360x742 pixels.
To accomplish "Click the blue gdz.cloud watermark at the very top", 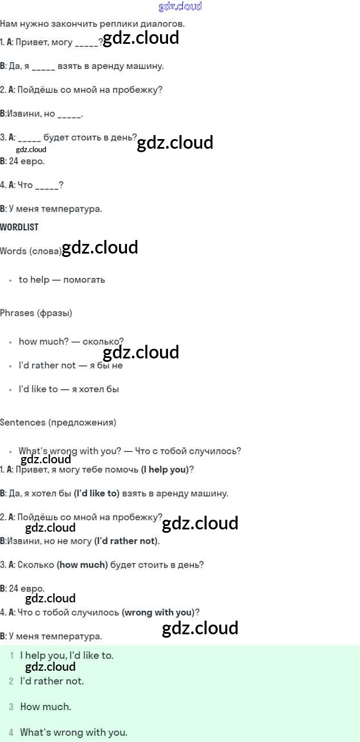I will coord(180,7).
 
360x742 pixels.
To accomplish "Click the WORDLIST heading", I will coord(19,227).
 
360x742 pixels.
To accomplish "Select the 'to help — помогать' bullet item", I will coord(62,280).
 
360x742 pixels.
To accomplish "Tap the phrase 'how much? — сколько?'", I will coord(71,341).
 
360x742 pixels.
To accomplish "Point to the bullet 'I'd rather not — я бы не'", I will coord(71,365).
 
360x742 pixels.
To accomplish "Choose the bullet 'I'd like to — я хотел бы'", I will coord(68,389).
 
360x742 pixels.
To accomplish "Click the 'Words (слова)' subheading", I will coord(31,251).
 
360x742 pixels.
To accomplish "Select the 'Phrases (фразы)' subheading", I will coord(36,313).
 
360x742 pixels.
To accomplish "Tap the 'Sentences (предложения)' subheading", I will coord(58,422).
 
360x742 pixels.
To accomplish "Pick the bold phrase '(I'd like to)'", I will coord(97,494).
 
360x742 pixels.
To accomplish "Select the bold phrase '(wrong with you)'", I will coord(158,612).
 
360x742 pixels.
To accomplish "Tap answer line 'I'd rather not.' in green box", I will coord(52,681).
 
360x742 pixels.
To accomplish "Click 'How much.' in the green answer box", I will coord(46,707).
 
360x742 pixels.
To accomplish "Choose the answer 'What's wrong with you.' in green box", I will coord(73,732).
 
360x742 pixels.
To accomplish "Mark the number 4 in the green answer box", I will coord(11,732).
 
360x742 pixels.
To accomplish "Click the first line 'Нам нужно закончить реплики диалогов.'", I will coord(92,24).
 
